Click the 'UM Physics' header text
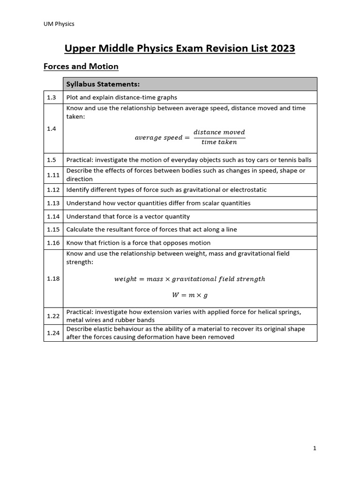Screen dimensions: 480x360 [58, 24]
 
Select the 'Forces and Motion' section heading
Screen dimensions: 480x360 [81, 67]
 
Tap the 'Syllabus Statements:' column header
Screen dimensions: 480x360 [103, 84]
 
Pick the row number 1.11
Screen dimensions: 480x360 [53, 175]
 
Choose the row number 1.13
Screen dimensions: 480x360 [53, 203]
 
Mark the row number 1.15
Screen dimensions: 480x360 [53, 230]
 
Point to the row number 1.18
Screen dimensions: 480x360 [53, 278]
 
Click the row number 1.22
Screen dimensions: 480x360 [53, 316]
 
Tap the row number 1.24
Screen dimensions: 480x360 [53, 333]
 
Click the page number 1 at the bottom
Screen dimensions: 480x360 [315, 449]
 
